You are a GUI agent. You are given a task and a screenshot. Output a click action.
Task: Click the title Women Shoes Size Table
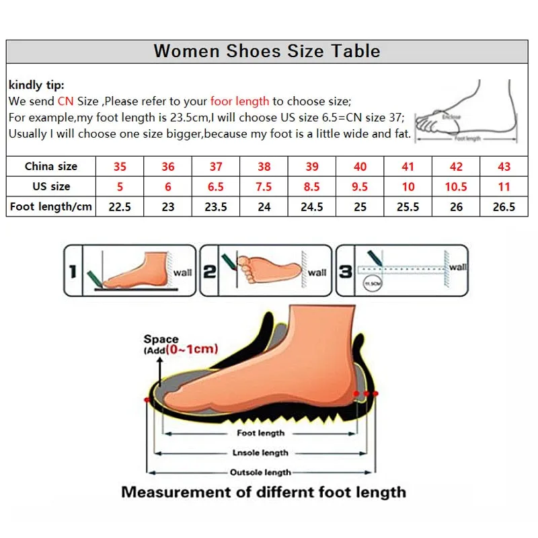[x=266, y=51]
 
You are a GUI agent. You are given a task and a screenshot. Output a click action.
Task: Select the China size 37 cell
[x=216, y=167]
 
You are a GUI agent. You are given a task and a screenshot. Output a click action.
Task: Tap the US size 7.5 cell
[x=264, y=186]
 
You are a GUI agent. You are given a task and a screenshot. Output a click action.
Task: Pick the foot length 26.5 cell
[x=504, y=206]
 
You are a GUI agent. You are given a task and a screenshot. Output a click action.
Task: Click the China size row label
[x=51, y=167]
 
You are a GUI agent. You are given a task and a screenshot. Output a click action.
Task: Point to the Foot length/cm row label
[x=51, y=206]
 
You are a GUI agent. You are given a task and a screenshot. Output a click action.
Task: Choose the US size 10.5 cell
[x=456, y=186]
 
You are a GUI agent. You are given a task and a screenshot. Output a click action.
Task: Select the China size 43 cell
[x=504, y=167]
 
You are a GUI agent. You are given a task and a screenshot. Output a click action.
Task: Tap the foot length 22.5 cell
[x=120, y=206]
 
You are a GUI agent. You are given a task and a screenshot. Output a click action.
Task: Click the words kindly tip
[x=36, y=85]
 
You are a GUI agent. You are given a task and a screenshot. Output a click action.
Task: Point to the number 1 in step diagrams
[x=74, y=272]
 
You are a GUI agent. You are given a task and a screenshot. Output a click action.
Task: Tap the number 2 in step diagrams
[x=210, y=272]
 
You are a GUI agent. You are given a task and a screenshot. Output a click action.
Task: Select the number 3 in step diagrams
[x=346, y=272]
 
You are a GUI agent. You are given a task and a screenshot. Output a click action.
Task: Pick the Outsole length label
[x=260, y=473]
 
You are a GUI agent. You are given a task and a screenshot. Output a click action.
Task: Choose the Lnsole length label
[x=260, y=453]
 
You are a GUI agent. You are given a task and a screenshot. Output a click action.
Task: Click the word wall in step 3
[x=458, y=267]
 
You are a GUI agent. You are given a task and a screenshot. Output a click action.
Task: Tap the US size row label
[x=51, y=186]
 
